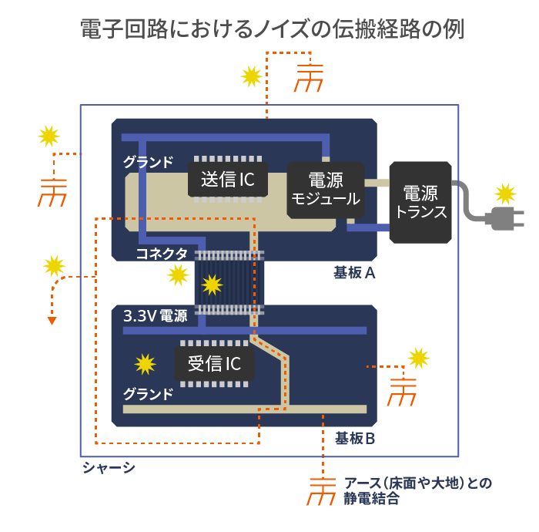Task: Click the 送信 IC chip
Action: pos(228,179)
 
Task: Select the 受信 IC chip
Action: pos(214,363)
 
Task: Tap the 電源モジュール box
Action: pos(326,190)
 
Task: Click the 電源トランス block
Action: pos(420,202)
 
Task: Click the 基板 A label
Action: pos(354,273)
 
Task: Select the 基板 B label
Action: pos(355,439)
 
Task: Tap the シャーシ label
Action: pos(109,468)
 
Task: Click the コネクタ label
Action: pos(162,254)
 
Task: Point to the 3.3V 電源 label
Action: pos(156,316)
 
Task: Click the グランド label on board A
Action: pos(148,162)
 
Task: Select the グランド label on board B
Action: pos(148,394)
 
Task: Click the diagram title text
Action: pos(273,29)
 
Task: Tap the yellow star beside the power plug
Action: pos(505,194)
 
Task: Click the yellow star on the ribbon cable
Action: pos(212,285)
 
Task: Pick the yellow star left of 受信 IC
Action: pos(145,364)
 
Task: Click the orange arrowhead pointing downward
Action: pos(52,321)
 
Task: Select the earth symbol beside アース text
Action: pos(322,491)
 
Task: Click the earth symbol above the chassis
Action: pos(309,78)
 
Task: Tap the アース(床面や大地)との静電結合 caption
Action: pos(417,490)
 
